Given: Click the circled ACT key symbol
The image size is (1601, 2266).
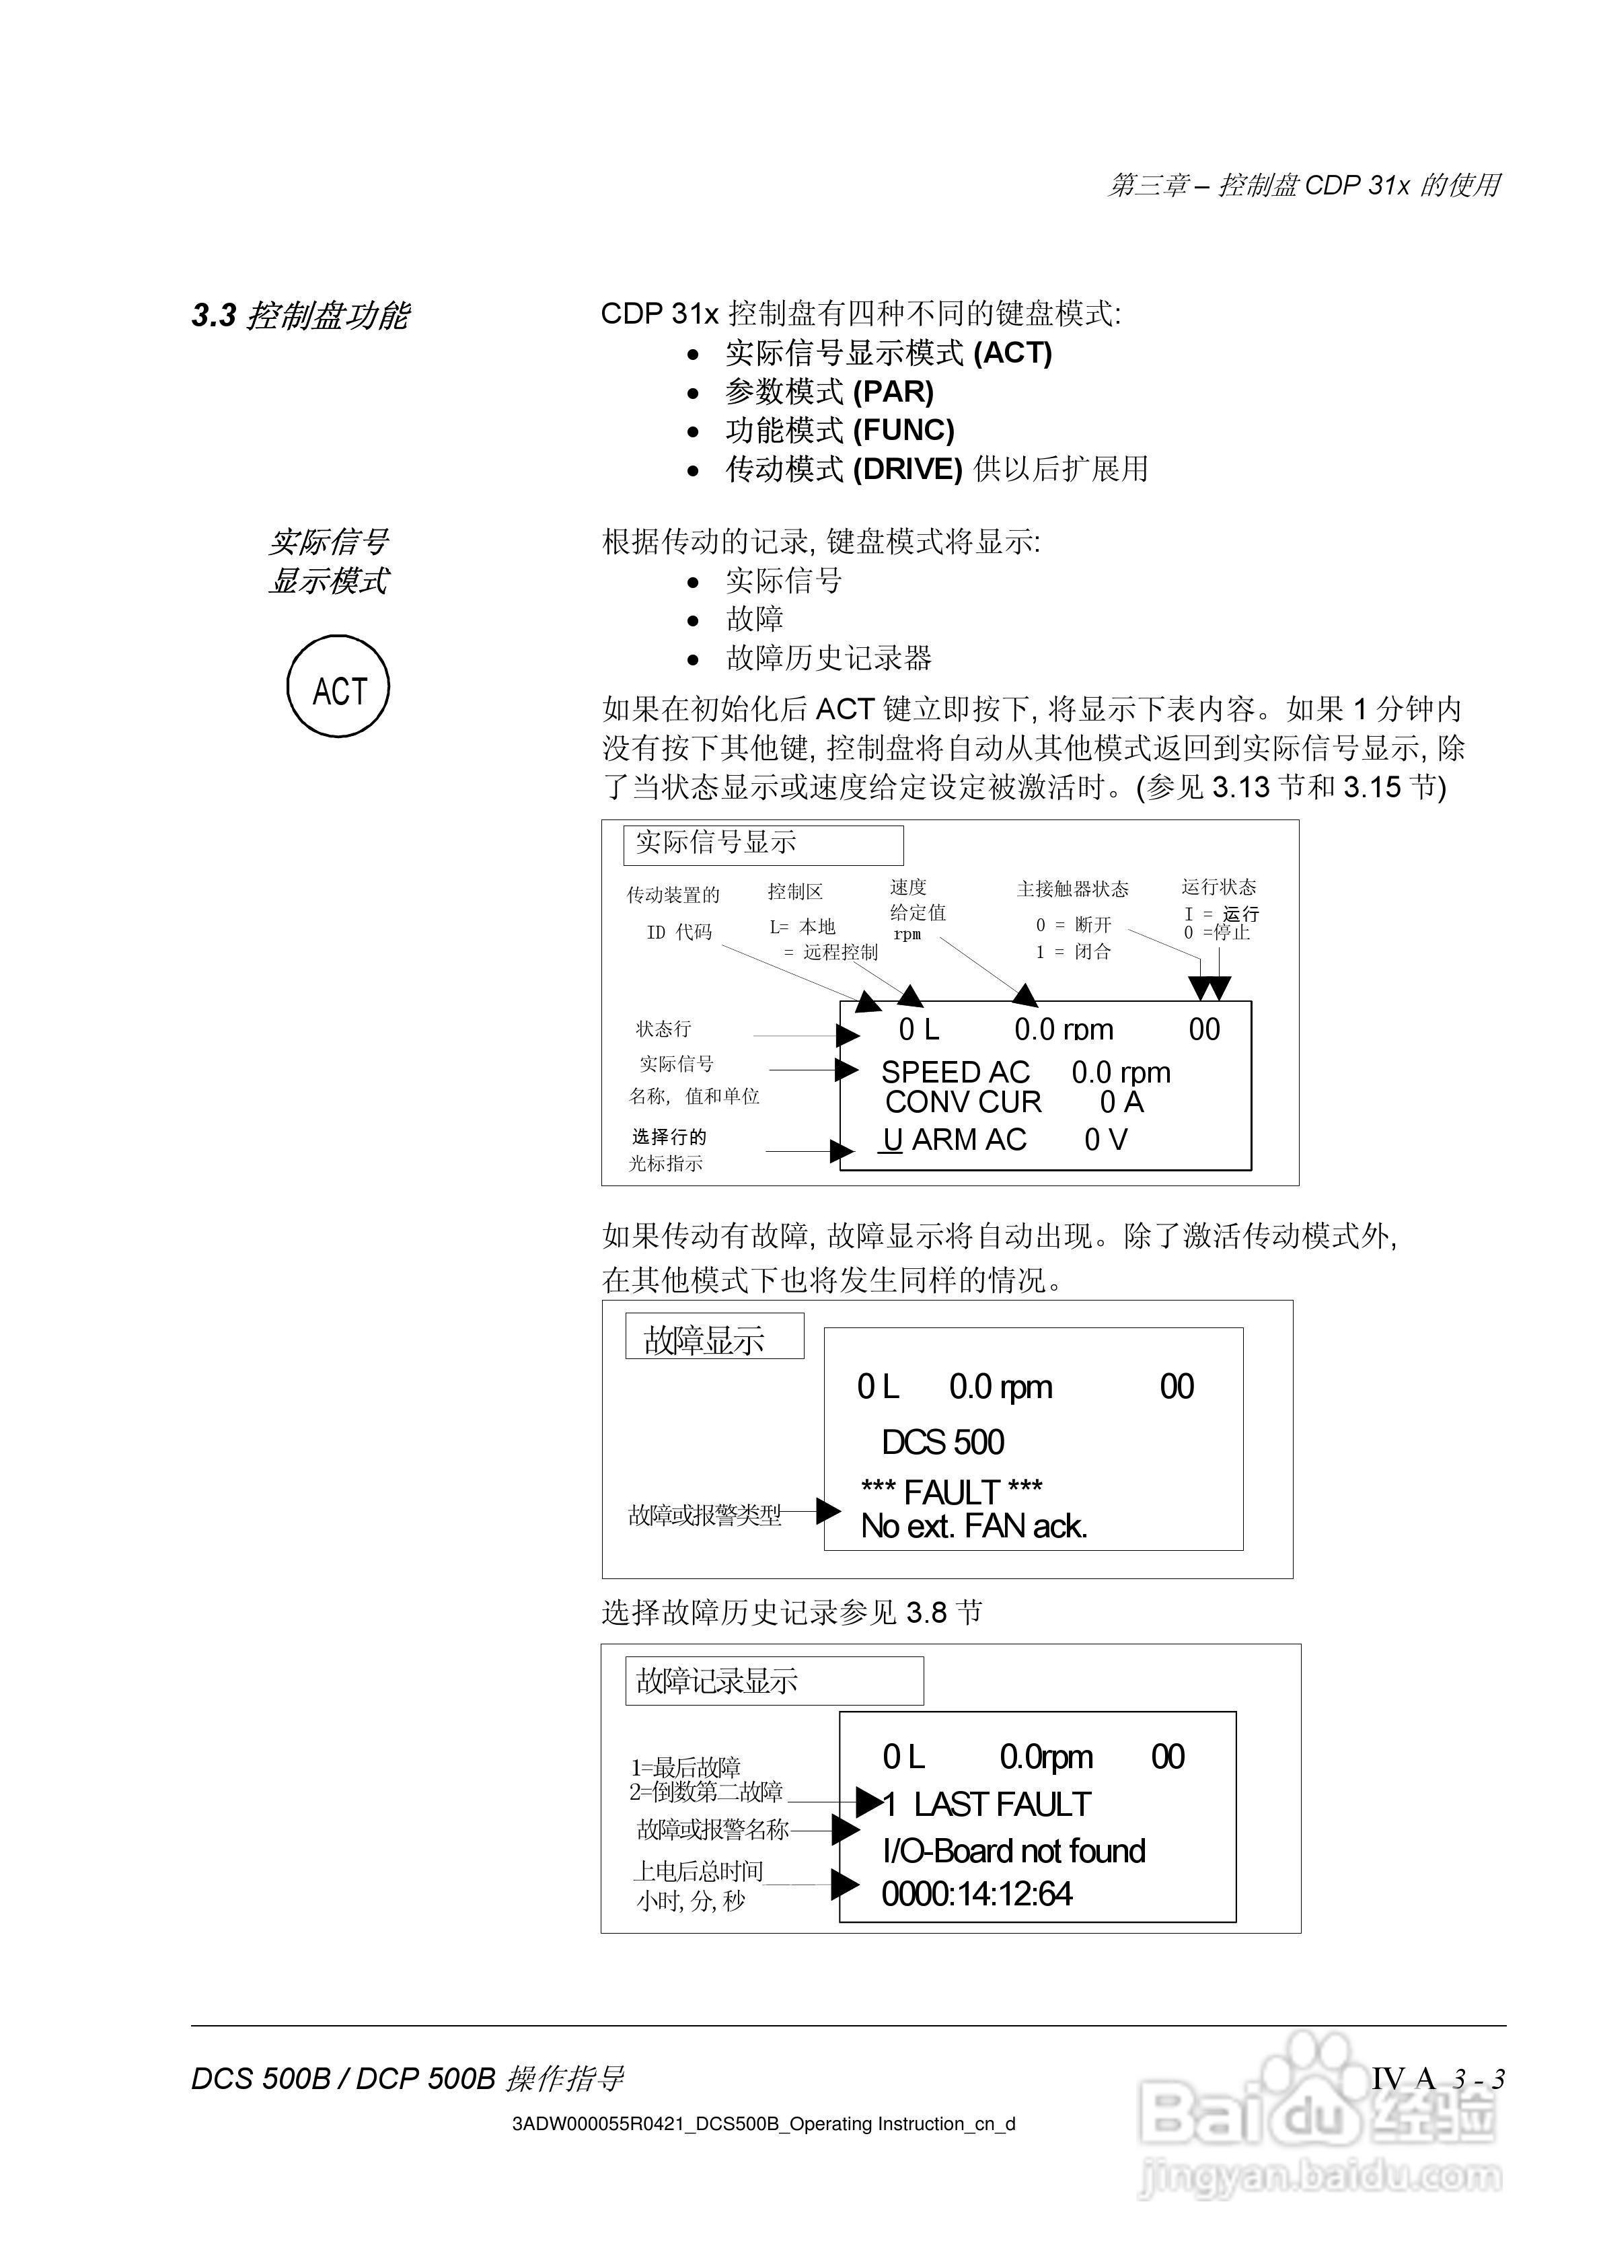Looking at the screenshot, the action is pos(338,687).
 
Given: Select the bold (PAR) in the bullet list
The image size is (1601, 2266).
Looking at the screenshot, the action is pos(893,392).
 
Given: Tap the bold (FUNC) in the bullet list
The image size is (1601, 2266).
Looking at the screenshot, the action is pos(903,431).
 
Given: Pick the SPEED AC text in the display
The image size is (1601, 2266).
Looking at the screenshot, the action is pos(955,1072).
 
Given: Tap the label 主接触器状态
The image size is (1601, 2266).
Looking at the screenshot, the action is pos(1072,889).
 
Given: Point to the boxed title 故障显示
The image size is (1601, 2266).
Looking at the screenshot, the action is pos(704,1340).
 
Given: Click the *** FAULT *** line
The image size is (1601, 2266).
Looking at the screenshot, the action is pos(952,1491).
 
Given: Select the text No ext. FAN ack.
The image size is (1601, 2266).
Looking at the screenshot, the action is pos(973,1527).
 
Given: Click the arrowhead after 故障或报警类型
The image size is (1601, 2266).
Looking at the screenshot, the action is pos(829,1511).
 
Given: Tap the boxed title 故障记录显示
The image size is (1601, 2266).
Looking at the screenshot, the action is pos(716,1681).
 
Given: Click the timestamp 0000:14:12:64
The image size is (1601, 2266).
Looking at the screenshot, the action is pos(976,1894).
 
